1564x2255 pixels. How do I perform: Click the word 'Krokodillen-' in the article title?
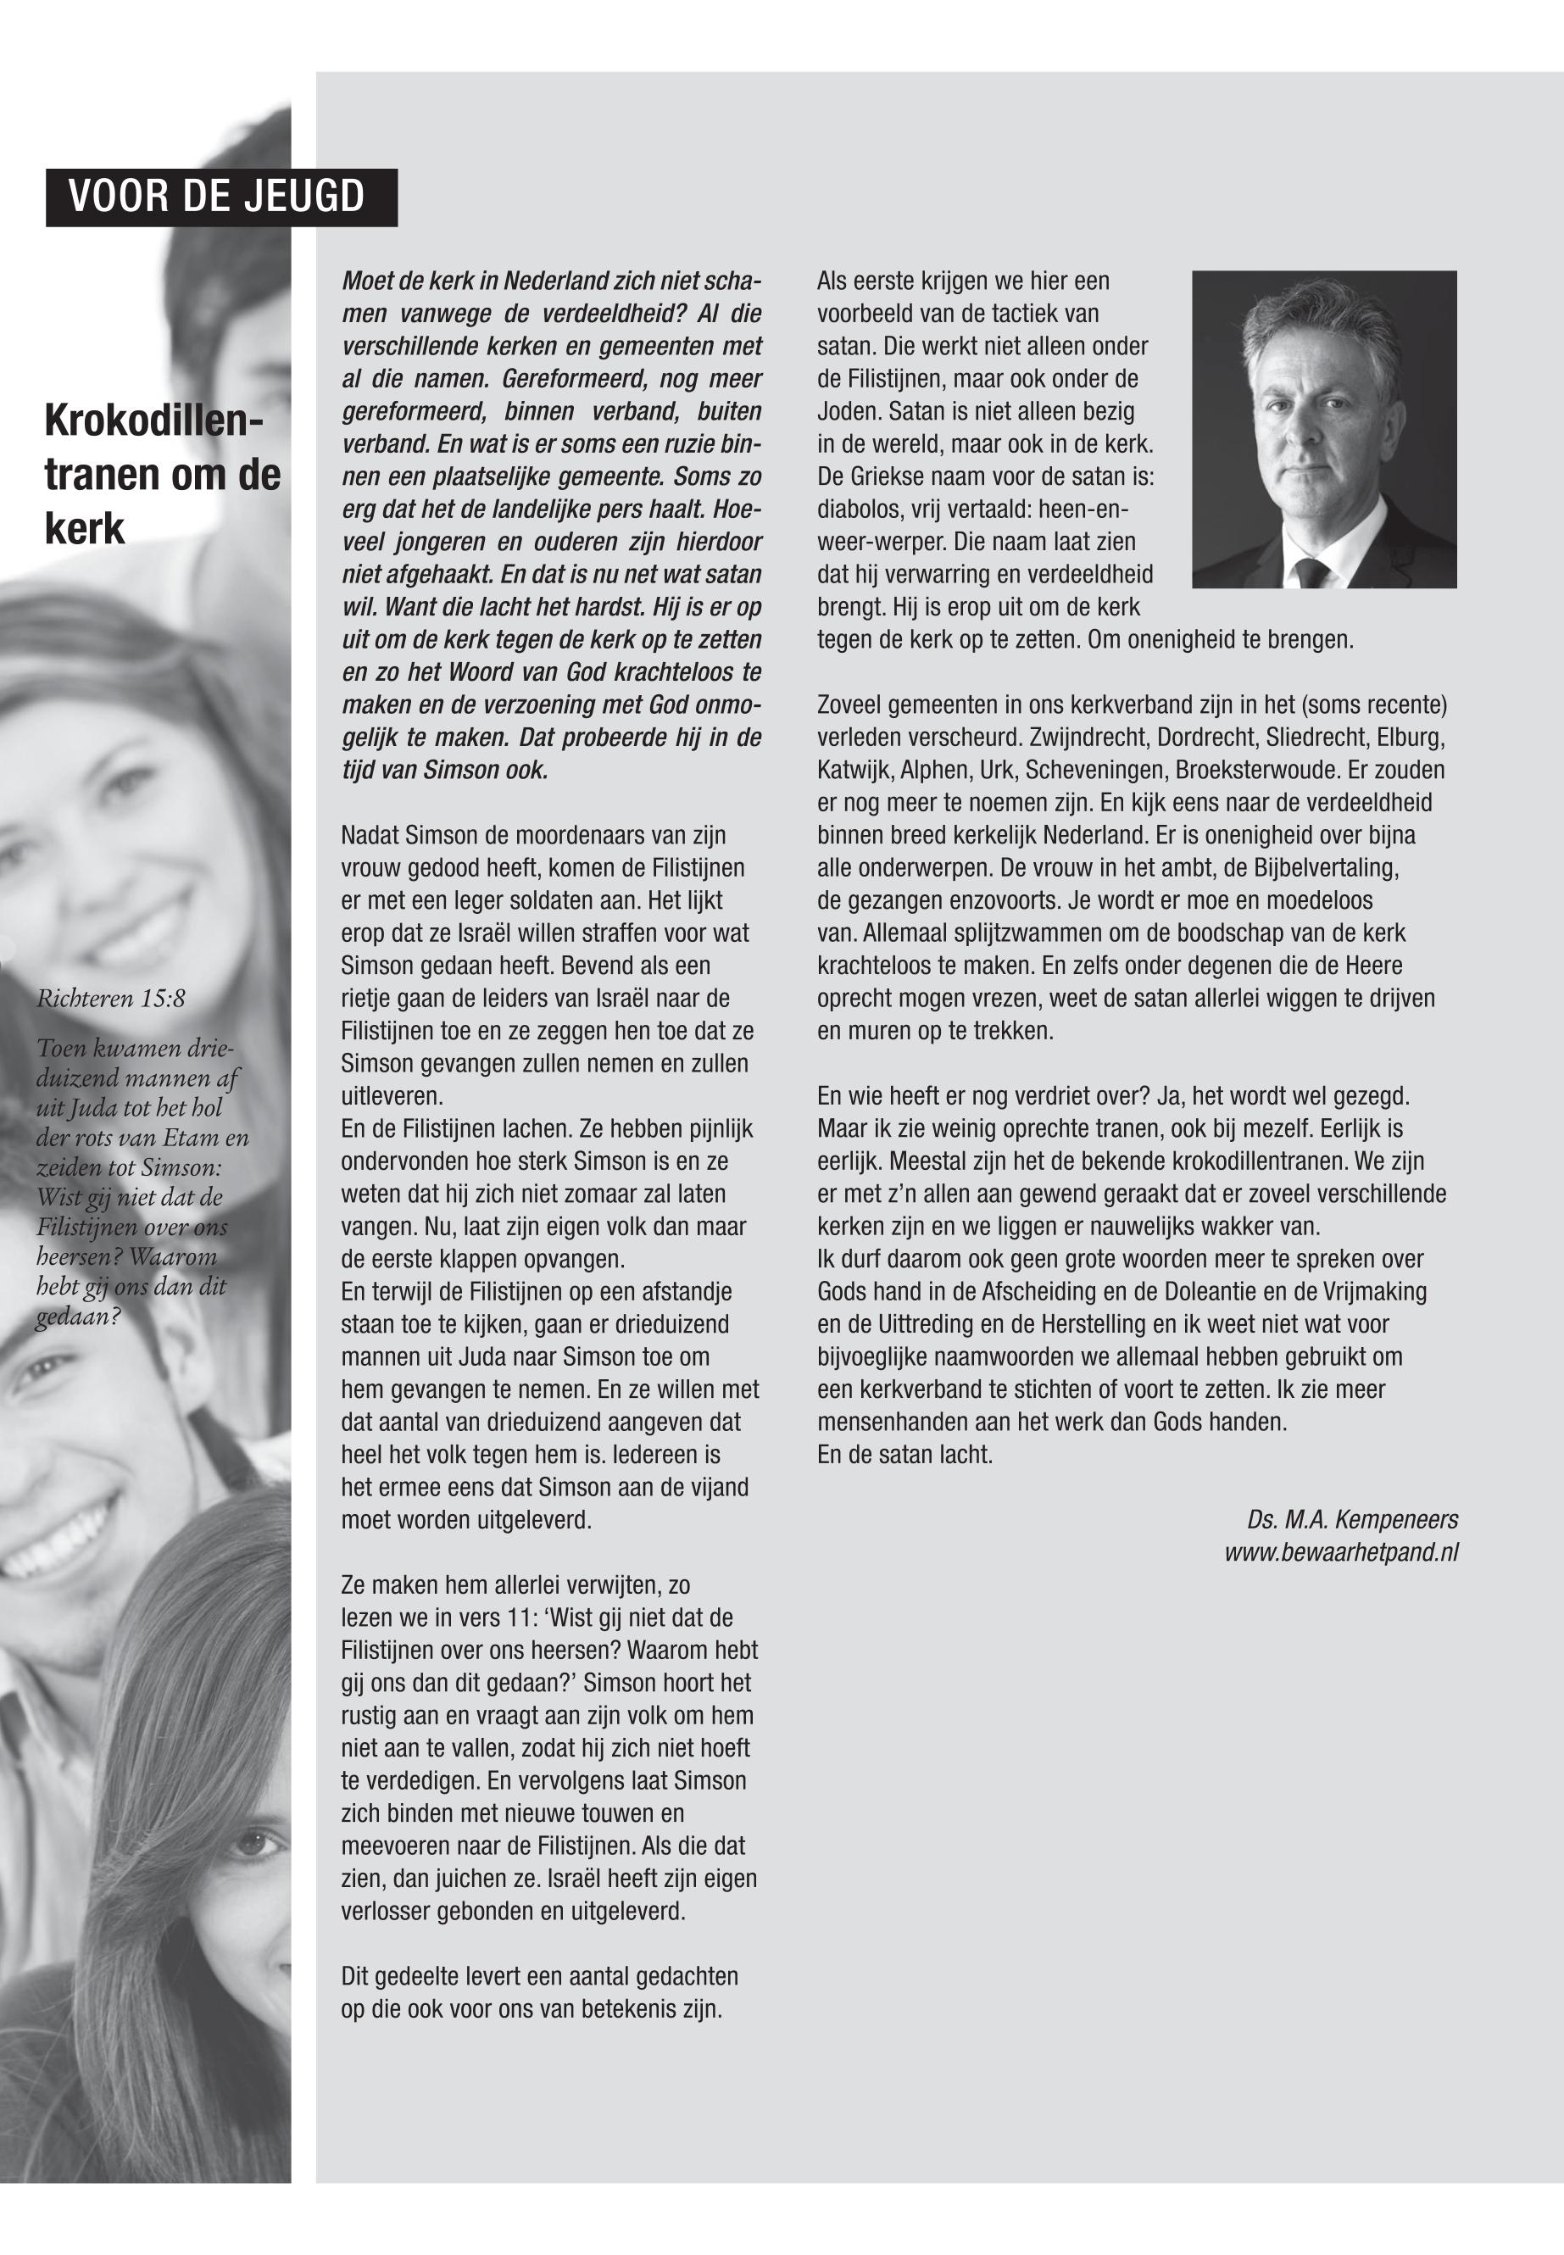[153, 421]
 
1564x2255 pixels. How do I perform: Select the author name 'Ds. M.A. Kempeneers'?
[1351, 1520]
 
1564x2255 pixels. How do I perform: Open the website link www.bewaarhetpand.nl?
[1340, 1552]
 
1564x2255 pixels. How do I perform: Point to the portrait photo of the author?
[1323, 428]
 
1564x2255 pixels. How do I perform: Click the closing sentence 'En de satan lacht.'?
[904, 1455]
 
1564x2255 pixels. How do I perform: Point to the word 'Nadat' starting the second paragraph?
[370, 835]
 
